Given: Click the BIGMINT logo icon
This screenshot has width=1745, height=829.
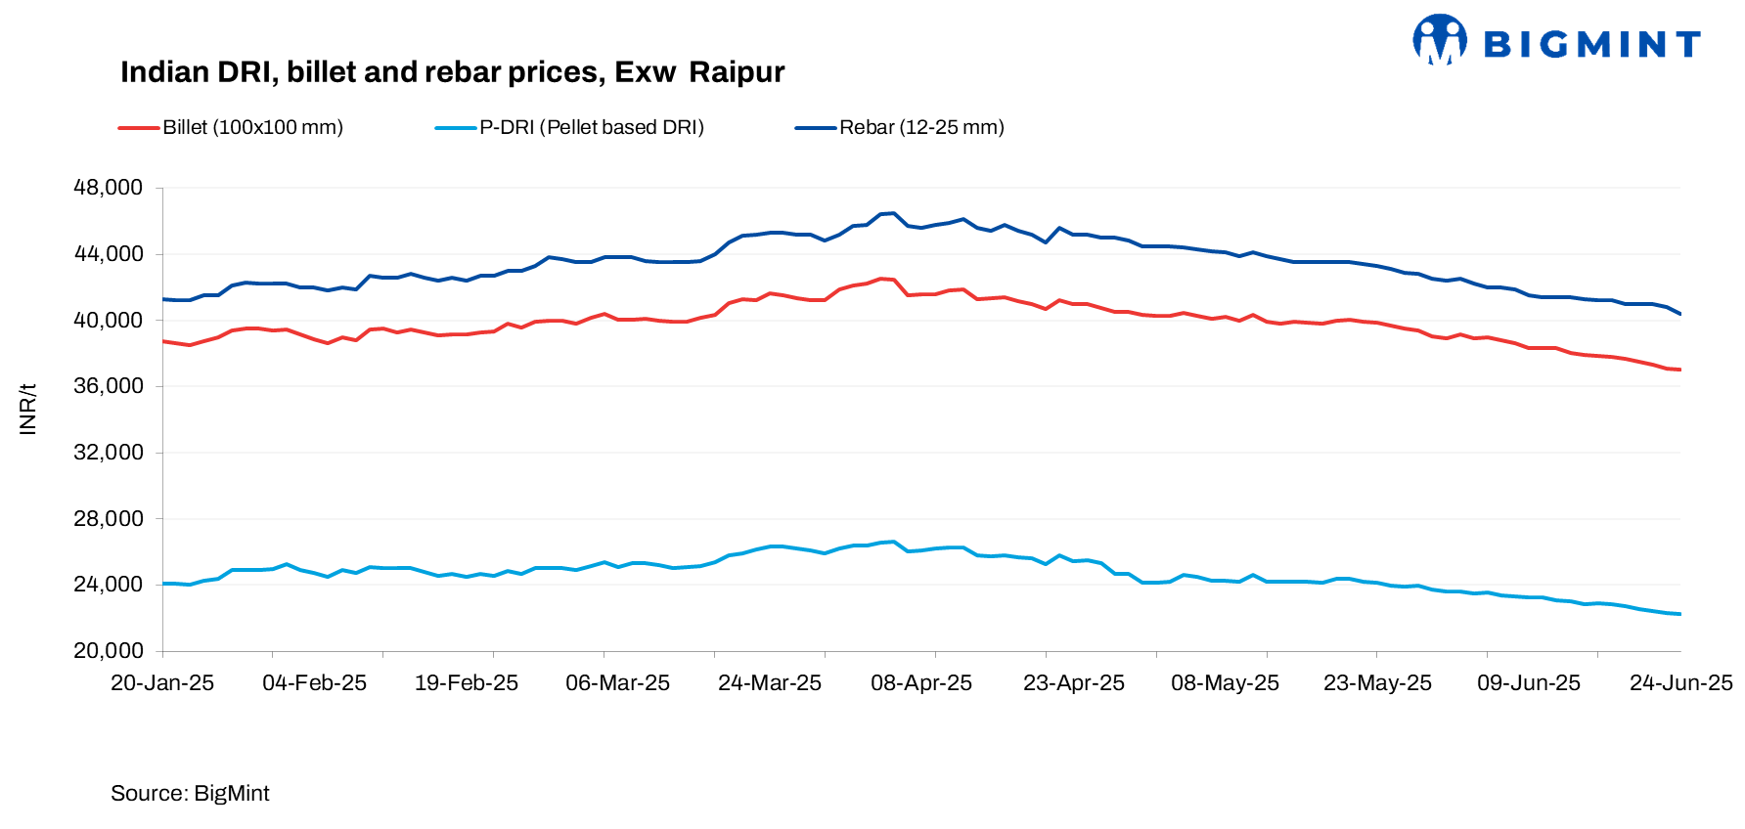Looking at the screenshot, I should tap(1439, 40).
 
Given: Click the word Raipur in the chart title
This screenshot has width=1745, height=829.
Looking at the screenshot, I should tap(737, 72).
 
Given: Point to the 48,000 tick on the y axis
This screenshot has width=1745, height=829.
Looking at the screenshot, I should tap(108, 188).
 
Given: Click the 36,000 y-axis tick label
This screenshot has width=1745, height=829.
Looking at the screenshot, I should tap(108, 386).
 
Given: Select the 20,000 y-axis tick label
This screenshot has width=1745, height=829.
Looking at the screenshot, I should tap(108, 651).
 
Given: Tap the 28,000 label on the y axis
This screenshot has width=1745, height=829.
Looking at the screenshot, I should tap(108, 519).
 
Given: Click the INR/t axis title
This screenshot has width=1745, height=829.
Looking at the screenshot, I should tap(27, 409).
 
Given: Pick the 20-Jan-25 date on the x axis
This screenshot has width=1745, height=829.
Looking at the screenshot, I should tap(162, 683).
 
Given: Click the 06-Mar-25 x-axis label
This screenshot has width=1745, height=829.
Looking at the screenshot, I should tap(617, 683).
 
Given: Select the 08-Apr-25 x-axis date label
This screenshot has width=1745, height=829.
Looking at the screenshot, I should tap(921, 683).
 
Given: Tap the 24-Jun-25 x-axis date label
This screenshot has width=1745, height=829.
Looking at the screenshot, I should tap(1680, 683).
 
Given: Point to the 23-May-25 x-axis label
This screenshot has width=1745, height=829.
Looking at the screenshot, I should tap(1377, 683).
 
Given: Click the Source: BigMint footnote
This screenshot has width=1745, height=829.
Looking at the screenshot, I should tap(190, 794).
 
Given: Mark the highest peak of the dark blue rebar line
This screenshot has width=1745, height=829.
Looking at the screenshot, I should tap(893, 213).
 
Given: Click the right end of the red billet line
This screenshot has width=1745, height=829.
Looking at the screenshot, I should tap(1679, 370).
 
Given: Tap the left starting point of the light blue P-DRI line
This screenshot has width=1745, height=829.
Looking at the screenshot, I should tap(163, 584).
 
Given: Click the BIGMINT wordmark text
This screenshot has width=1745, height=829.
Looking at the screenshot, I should tap(1592, 44).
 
